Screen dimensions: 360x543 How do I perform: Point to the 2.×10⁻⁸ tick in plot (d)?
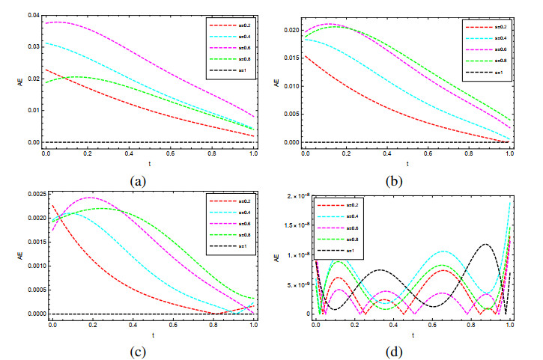point(290,195)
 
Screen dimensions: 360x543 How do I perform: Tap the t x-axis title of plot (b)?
point(407,164)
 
